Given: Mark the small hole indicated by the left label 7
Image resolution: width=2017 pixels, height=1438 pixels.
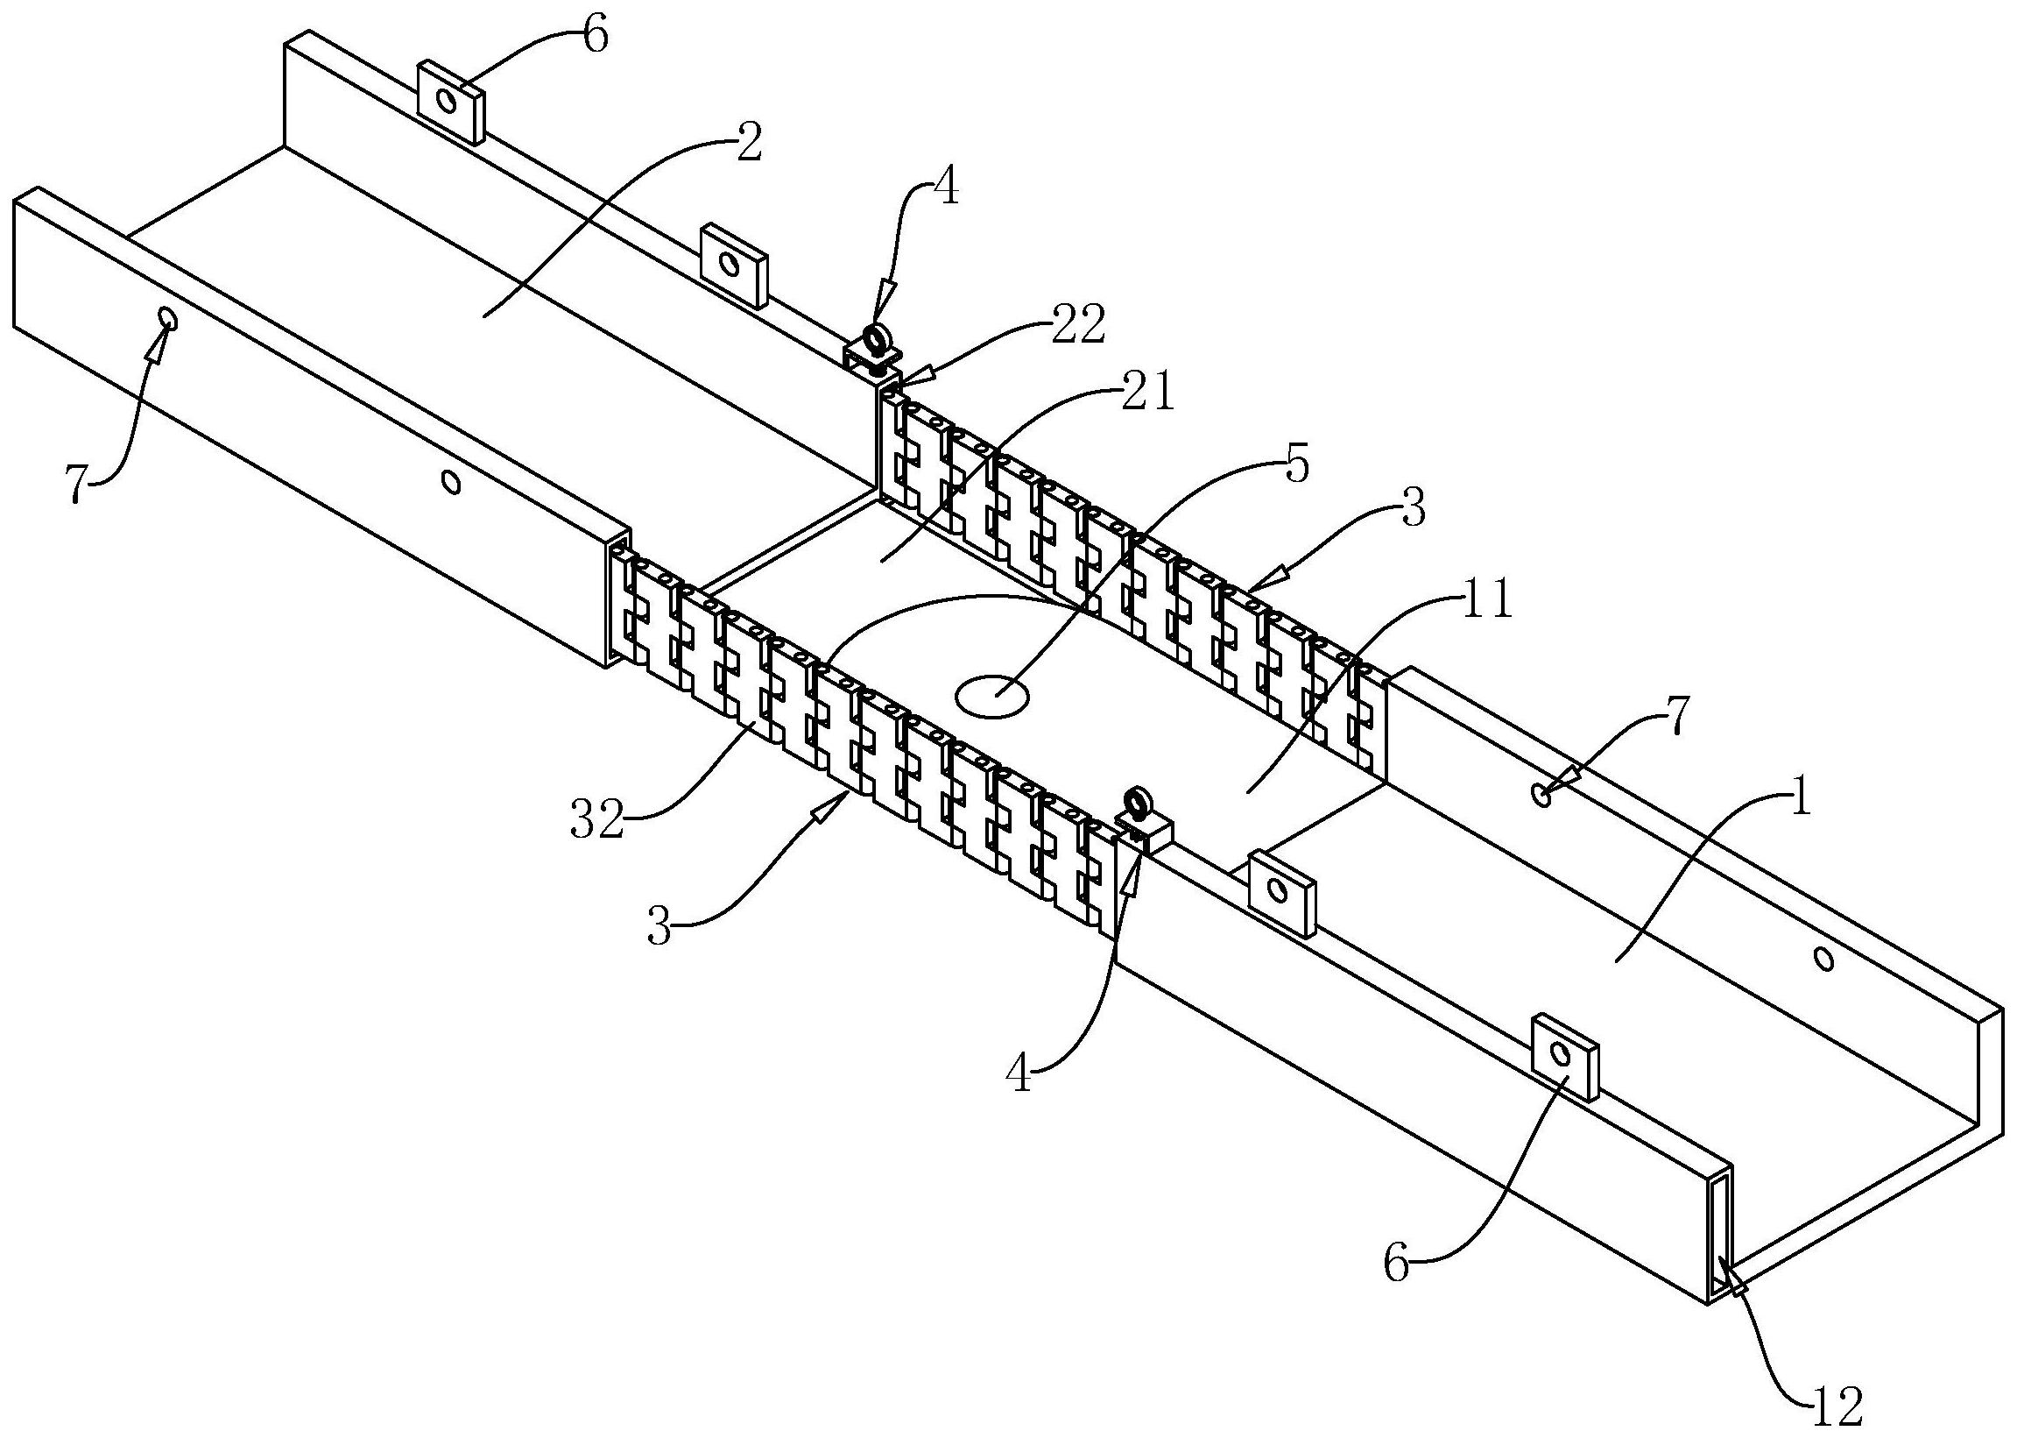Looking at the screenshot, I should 166,316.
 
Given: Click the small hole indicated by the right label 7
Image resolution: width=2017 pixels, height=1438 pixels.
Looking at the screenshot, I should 1541,794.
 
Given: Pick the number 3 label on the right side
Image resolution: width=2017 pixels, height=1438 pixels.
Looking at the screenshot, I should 1414,512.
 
